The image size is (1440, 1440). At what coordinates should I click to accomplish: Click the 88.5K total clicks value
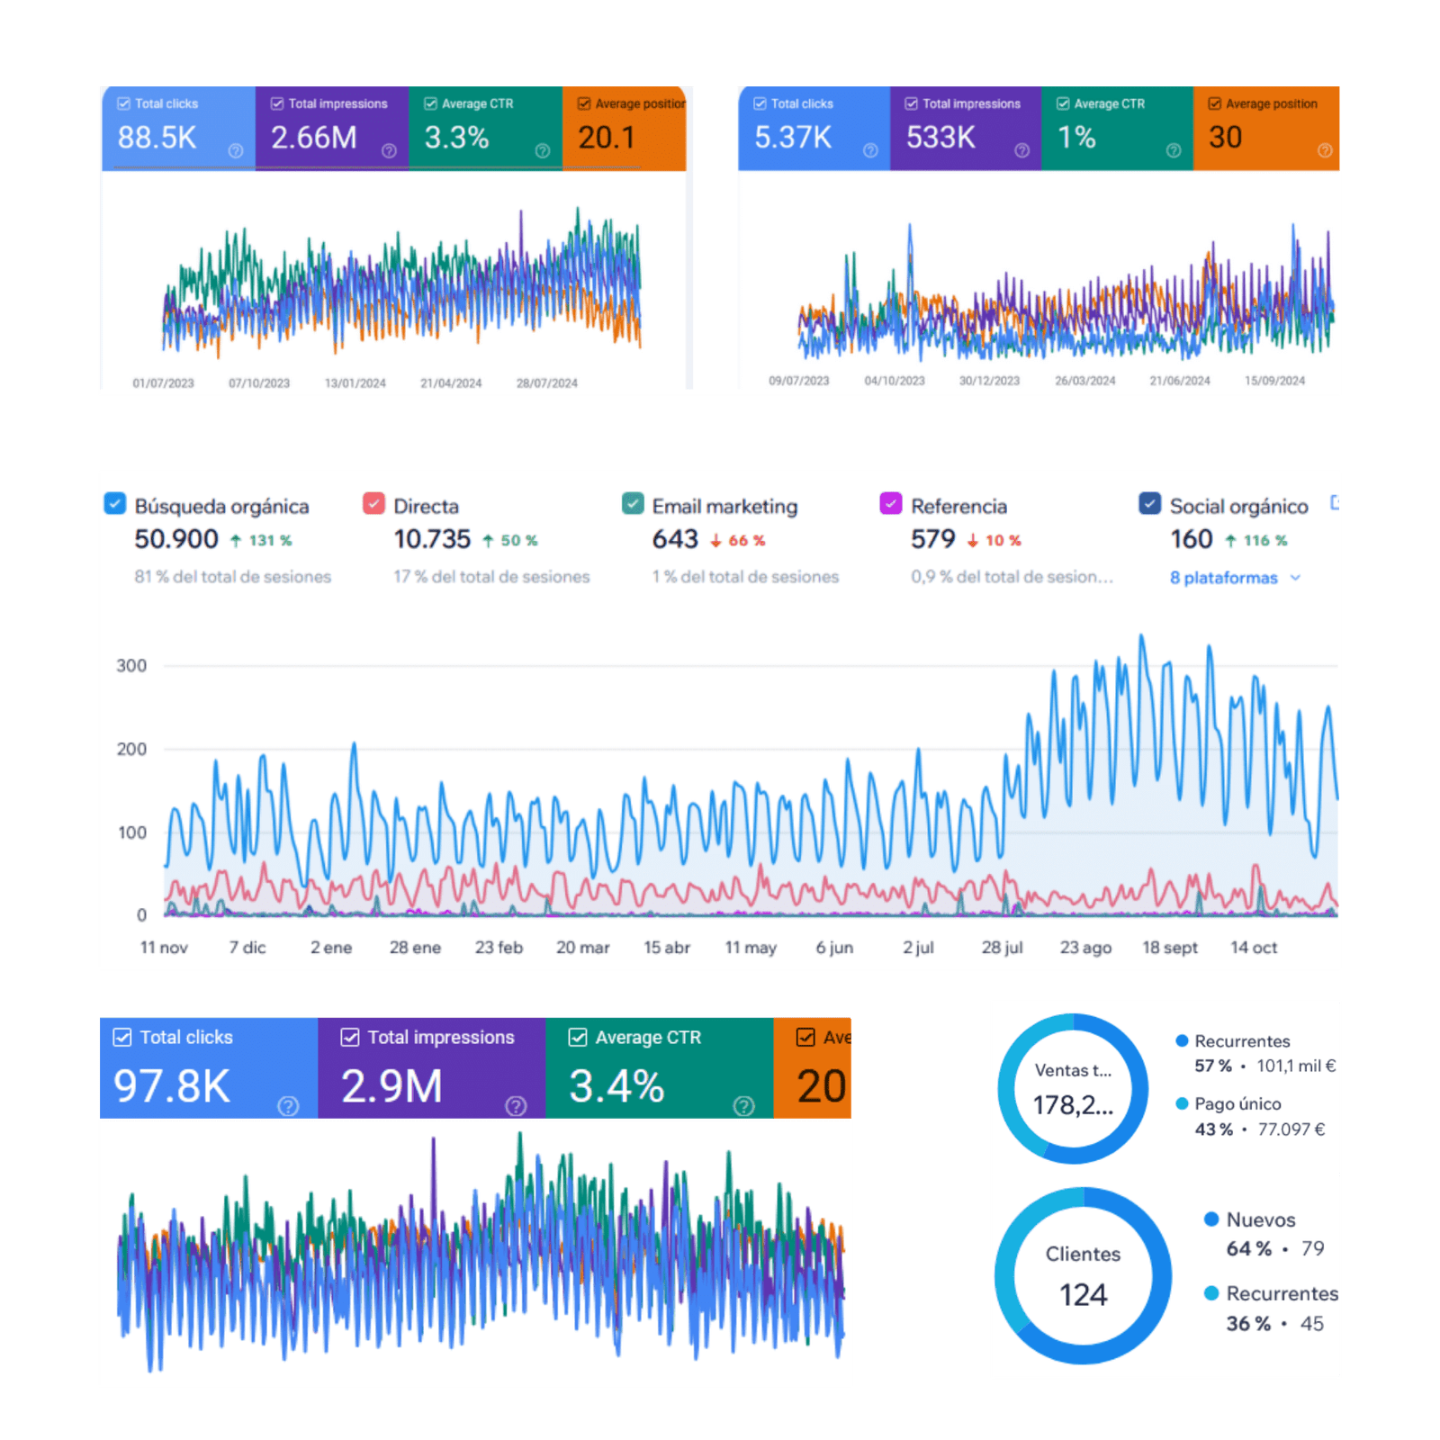tap(157, 138)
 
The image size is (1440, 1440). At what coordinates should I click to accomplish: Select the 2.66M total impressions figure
tap(313, 138)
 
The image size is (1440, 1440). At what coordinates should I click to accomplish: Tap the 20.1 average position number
tap(606, 138)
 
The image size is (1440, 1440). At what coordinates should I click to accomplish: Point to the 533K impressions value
tap(940, 138)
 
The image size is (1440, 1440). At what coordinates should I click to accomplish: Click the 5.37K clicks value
tap(792, 138)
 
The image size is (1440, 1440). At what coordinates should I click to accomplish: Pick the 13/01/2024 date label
tap(355, 383)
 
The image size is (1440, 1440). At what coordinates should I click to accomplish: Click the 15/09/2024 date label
tap(1274, 381)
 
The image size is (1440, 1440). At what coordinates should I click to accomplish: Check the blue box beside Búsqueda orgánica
tap(115, 503)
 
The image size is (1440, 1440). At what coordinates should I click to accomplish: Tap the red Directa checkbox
tap(373, 503)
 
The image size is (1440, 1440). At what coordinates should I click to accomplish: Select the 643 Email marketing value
tap(675, 539)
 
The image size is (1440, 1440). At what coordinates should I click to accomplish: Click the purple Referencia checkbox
tap(890, 503)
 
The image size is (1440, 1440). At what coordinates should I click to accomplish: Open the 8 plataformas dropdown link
tap(1234, 578)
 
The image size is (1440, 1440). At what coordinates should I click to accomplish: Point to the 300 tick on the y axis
tap(131, 666)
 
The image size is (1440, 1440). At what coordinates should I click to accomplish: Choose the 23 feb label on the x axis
tap(499, 948)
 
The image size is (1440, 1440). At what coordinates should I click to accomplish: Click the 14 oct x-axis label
tap(1253, 948)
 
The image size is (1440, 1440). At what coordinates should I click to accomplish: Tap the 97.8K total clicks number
tap(172, 1086)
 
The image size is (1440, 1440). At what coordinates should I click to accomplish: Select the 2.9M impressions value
tap(391, 1086)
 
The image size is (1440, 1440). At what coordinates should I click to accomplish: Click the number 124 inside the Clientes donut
tap(1083, 1295)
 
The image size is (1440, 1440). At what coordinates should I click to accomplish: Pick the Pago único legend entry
tap(1237, 1104)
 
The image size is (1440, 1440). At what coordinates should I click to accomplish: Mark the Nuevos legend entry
tap(1260, 1220)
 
